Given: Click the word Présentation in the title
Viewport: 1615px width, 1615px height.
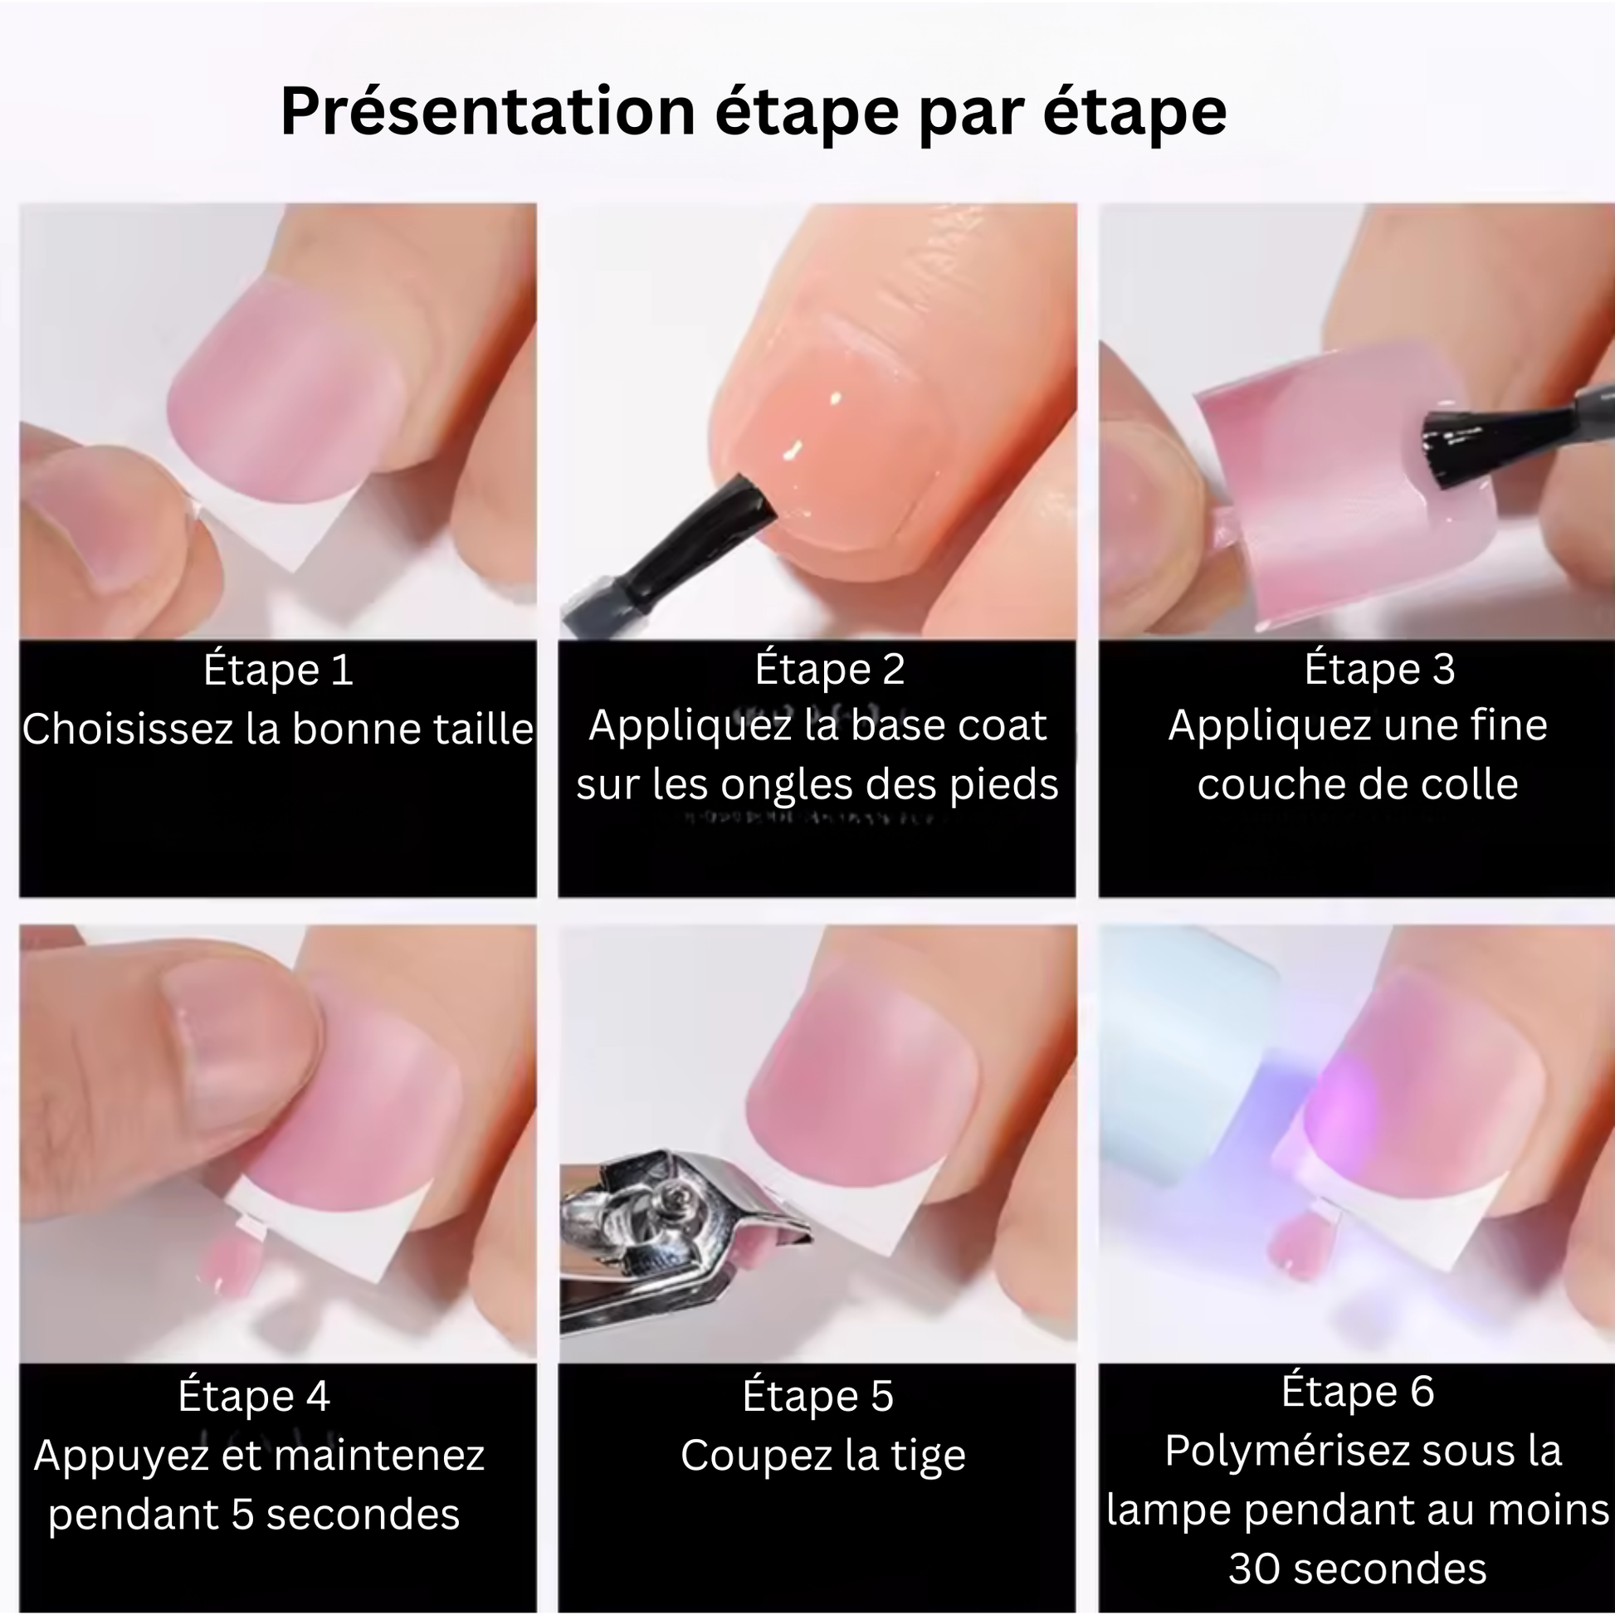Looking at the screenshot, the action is coord(488,111).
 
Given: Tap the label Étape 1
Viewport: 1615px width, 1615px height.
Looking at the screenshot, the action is coord(278,671).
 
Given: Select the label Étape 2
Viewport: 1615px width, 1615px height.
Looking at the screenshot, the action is coord(829,670).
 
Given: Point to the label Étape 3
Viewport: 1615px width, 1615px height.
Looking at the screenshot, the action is coord(1380,670).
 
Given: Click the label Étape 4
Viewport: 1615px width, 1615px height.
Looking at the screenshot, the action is coord(254,1396).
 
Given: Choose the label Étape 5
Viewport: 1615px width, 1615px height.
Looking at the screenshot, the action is coord(818,1396).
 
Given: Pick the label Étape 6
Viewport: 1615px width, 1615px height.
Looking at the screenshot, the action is coord(1359,1392).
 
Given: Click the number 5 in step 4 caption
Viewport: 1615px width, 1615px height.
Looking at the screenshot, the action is coord(242,1515).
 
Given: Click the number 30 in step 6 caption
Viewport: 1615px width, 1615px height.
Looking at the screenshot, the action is coord(1254,1569).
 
